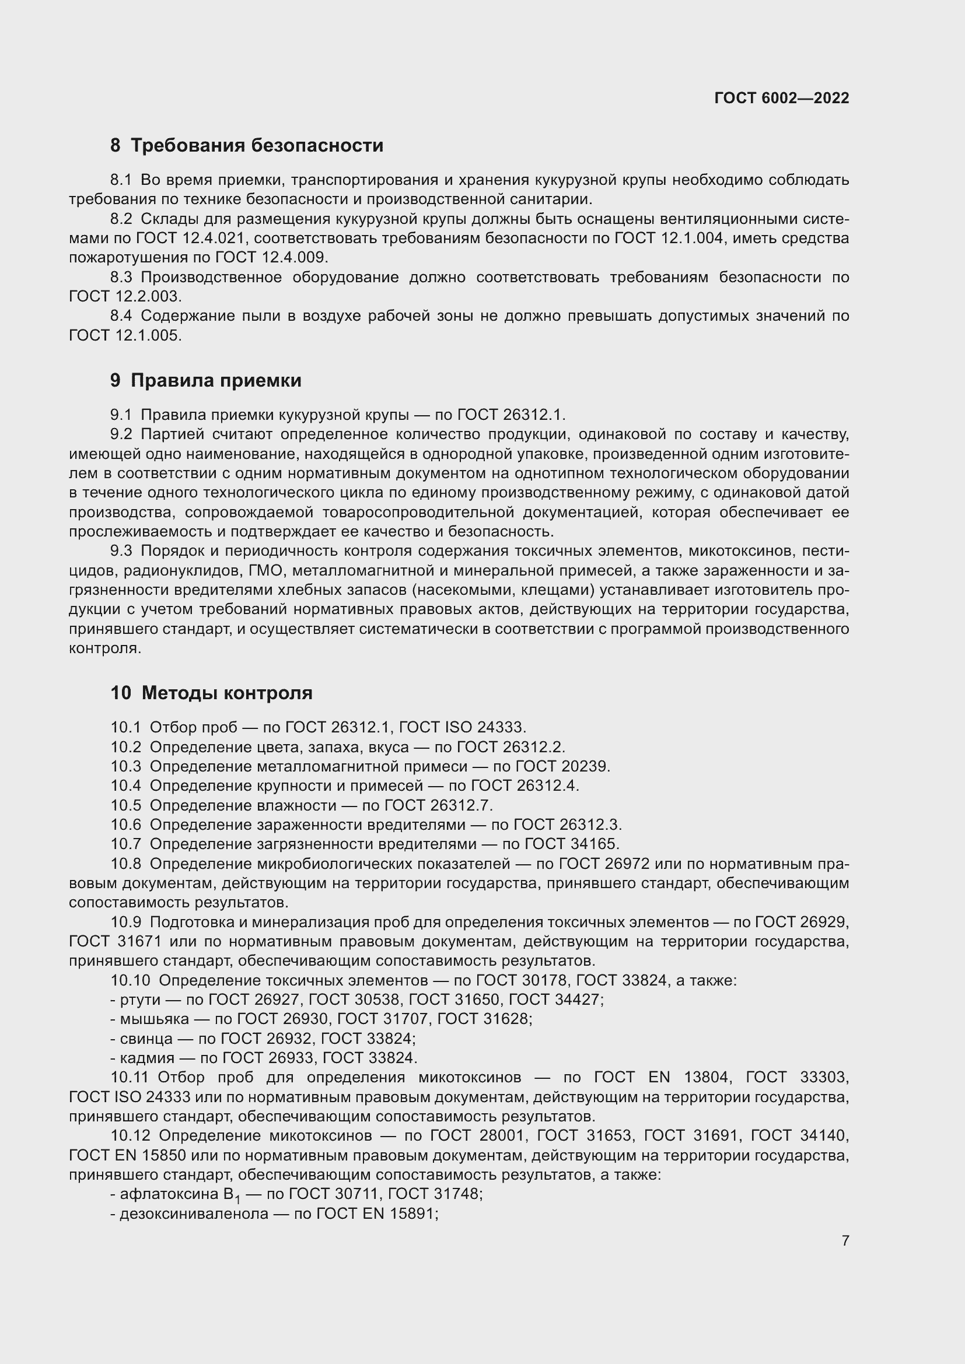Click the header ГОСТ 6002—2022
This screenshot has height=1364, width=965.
coord(781,98)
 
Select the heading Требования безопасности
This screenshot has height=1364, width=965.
coord(257,146)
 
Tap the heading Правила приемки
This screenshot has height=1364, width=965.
coord(216,380)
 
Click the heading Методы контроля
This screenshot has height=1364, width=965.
coord(227,693)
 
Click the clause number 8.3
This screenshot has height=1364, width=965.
coord(121,278)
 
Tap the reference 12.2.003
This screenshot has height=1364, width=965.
coord(146,296)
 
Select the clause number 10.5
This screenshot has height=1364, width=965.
coord(125,805)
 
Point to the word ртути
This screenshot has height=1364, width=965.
coord(140,1000)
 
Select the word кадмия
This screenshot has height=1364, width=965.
coord(148,1058)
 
